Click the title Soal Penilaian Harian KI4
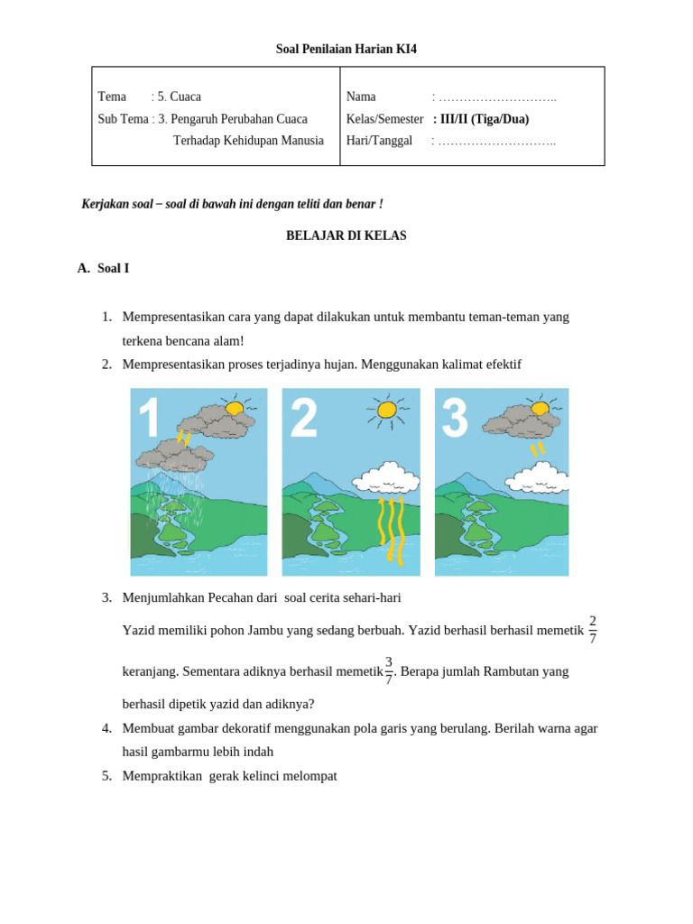[346, 49]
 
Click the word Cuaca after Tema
[185, 97]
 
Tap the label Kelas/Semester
[384, 119]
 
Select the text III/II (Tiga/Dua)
[482, 119]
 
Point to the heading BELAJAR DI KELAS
[346, 236]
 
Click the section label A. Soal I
[104, 268]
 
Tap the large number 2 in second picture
[304, 418]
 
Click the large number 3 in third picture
[455, 418]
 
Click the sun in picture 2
[386, 411]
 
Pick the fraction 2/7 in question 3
[592, 629]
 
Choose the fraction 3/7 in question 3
[389, 670]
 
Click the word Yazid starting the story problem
[138, 631]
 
